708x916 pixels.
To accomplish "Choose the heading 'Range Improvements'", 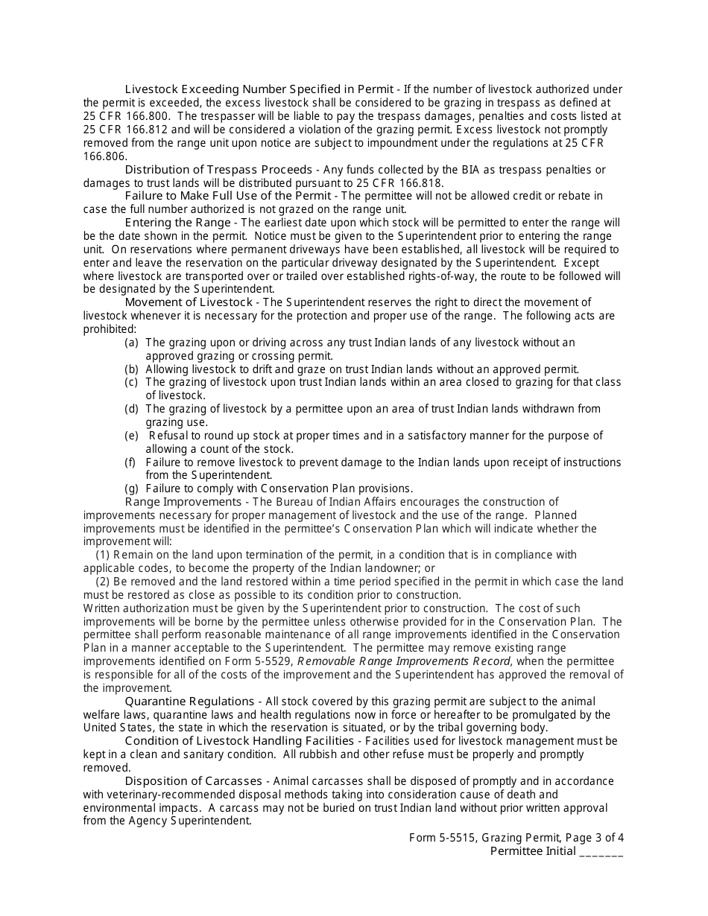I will pyautogui.click(x=182, y=502).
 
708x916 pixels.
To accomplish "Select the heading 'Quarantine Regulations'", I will pyautogui.click(x=189, y=702).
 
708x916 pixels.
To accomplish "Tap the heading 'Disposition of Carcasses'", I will pyautogui.click(x=193, y=781).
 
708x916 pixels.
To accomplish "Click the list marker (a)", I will pyautogui.click(x=132, y=343).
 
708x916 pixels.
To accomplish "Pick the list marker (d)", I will pyautogui.click(x=132, y=409).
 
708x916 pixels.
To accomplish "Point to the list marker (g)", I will pyautogui.click(x=132, y=489).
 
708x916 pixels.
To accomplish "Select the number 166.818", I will pyautogui.click(x=420, y=183).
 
